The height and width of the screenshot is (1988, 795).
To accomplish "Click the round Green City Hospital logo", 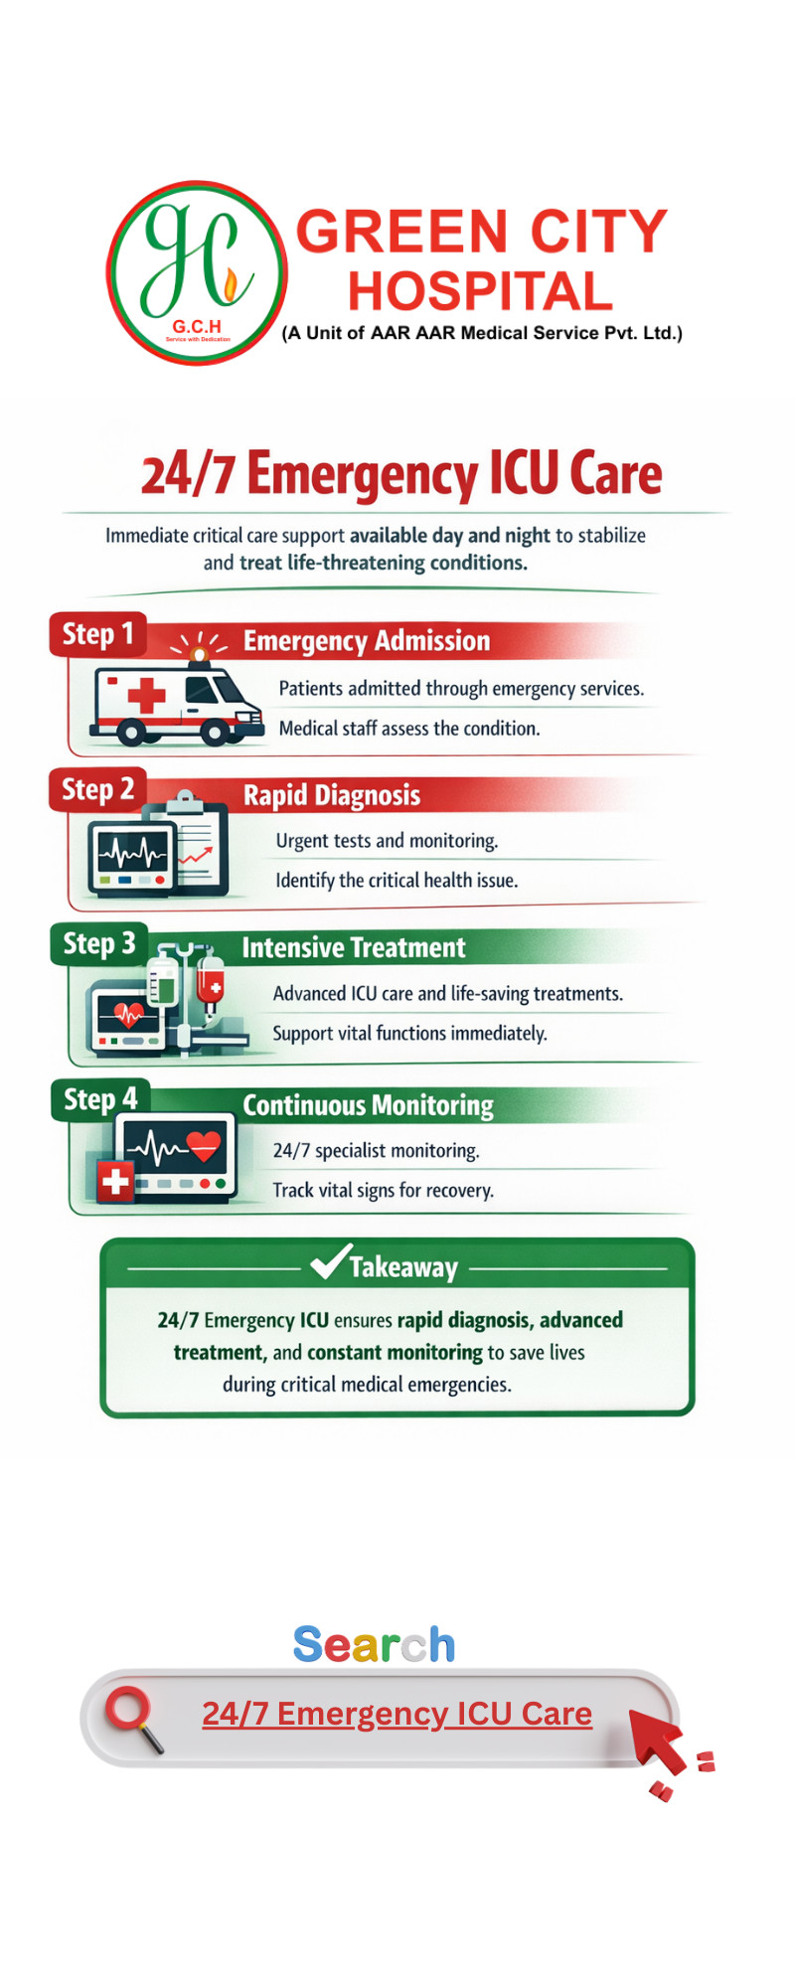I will click(x=197, y=272).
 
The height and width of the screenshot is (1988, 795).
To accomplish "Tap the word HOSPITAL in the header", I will click(x=480, y=292).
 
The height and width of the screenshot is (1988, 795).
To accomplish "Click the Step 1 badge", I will click(x=97, y=634).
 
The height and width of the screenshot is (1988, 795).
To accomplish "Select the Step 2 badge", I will click(x=97, y=790).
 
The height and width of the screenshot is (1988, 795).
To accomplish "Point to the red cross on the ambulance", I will click(x=146, y=695).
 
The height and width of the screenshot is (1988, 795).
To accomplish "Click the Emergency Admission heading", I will click(x=367, y=641).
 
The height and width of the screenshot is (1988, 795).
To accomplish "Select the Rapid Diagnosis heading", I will click(x=332, y=795).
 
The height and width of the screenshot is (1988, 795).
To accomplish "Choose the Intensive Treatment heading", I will click(x=354, y=948).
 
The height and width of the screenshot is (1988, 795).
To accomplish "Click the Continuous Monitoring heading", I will click(x=368, y=1105).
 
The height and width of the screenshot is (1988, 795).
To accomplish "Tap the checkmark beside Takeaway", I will click(x=330, y=1261).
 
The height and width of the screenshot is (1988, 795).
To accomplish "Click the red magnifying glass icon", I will click(x=132, y=1716).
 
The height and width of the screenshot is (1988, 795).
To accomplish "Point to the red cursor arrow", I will click(x=658, y=1739).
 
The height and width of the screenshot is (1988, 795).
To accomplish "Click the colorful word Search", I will click(x=374, y=1645).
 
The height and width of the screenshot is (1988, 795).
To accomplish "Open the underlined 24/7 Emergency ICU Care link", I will click(x=397, y=1714).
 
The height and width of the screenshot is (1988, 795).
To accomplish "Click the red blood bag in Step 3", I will click(x=210, y=982).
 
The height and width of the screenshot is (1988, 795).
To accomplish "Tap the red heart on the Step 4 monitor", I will click(x=204, y=1146).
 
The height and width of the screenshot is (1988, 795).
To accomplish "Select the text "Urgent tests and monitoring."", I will click(x=387, y=841).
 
